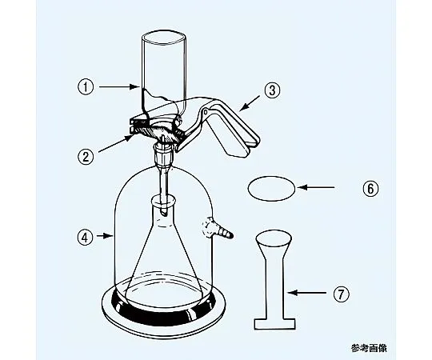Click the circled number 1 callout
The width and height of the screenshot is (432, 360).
coord(86,87)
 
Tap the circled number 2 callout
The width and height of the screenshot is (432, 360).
coord(86,157)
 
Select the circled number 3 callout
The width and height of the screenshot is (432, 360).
coord(272,90)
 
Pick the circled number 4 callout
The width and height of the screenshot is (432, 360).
coord(86,237)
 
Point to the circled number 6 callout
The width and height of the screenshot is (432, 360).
coord(370,189)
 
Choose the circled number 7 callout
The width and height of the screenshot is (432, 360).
coord(342,294)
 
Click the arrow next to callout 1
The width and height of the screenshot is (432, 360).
coord(119,87)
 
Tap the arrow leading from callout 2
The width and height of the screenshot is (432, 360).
coord(115,143)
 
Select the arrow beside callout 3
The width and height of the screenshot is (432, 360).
coord(250,103)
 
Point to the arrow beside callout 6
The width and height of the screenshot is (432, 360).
coord(316,187)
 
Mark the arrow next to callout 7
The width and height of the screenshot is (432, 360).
coord(306,293)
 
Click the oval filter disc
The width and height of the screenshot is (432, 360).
coord(272,189)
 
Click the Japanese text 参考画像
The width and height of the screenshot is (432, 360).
coord(369,348)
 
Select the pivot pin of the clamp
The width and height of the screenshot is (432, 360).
coord(205,111)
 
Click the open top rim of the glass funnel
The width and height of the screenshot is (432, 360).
coord(164,38)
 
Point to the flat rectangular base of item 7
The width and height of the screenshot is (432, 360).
coord(274,324)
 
